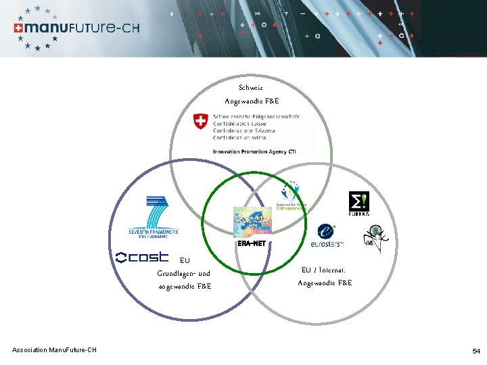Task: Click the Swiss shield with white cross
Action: pyautogui.click(x=200, y=122)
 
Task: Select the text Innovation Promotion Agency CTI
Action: pyautogui.click(x=254, y=151)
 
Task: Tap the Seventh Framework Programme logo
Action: pyautogui.click(x=154, y=217)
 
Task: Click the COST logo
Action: pyautogui.click(x=142, y=257)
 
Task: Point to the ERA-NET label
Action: pyautogui.click(x=252, y=243)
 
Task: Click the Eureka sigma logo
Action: pyautogui.click(x=358, y=203)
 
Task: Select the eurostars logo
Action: pyautogui.click(x=327, y=236)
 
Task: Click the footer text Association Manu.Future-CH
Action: pyautogui.click(x=54, y=349)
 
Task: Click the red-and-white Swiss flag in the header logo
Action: pyautogui.click(x=18, y=28)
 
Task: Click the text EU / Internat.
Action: pyautogui.click(x=325, y=269)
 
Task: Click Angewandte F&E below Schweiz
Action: pyautogui.click(x=252, y=101)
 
